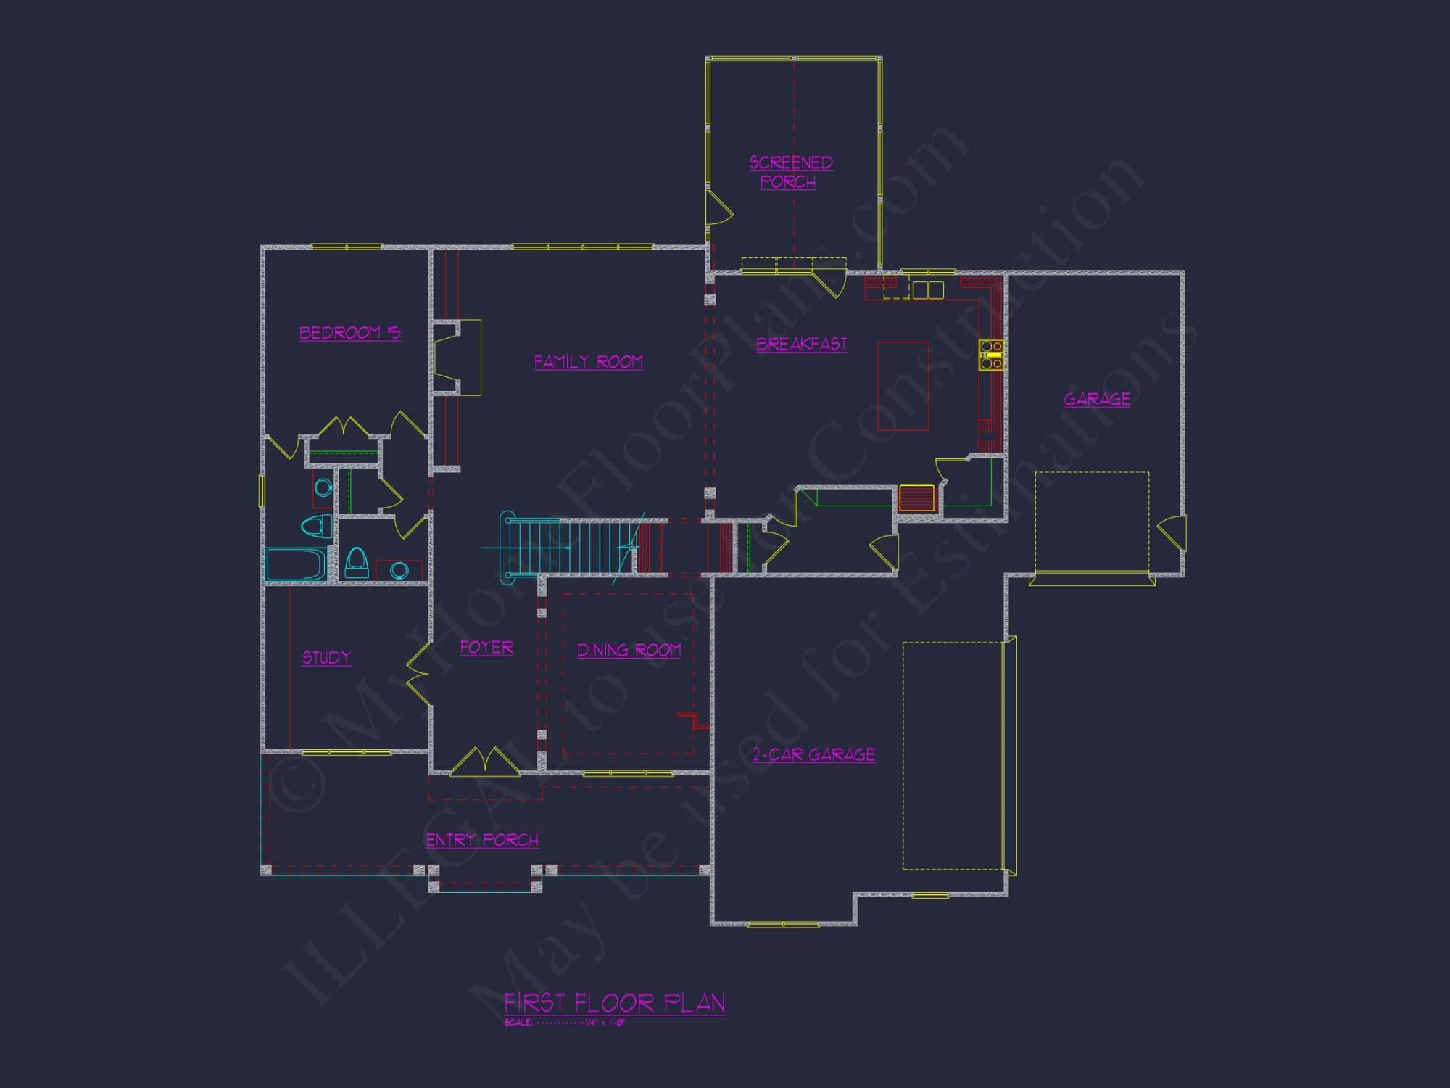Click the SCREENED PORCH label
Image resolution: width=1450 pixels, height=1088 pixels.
(x=790, y=172)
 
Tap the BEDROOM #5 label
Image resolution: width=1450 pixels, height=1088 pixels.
(x=349, y=333)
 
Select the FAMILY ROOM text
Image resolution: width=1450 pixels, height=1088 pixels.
(x=588, y=361)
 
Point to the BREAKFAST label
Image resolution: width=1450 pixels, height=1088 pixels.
(x=801, y=345)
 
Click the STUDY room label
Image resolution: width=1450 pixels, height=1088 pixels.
(x=326, y=657)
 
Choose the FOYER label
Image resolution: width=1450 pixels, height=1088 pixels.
(x=486, y=647)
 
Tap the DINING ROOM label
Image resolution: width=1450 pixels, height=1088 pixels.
(x=629, y=650)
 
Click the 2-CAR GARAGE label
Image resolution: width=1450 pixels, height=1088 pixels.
(x=813, y=754)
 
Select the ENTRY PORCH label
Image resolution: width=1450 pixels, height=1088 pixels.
(x=482, y=840)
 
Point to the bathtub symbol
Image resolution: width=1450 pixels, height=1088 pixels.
(x=297, y=564)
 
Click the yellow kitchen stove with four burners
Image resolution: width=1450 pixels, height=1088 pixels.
(x=991, y=355)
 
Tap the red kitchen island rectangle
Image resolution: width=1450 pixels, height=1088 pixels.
(x=903, y=386)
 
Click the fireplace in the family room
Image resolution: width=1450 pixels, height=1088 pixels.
(x=457, y=358)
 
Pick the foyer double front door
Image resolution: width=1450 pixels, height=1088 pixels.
(x=485, y=762)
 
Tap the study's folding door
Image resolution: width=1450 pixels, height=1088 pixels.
(x=419, y=675)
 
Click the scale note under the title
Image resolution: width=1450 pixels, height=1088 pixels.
(x=565, y=1023)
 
